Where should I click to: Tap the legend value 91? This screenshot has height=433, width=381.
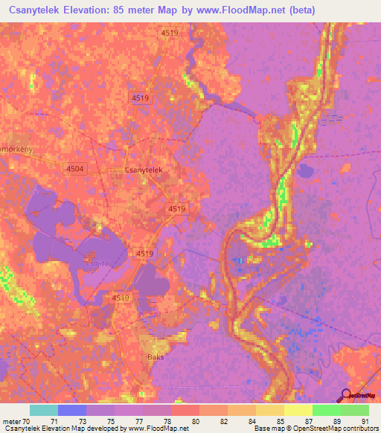[x=365, y=421]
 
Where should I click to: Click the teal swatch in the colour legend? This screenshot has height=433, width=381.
[x=44, y=411]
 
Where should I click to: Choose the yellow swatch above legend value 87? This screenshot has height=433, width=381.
[x=298, y=411]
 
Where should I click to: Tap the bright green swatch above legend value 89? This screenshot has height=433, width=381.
[x=326, y=411]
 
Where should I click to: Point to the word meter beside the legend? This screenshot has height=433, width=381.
[x=12, y=421]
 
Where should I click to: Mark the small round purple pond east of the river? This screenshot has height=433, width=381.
[x=305, y=172]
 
